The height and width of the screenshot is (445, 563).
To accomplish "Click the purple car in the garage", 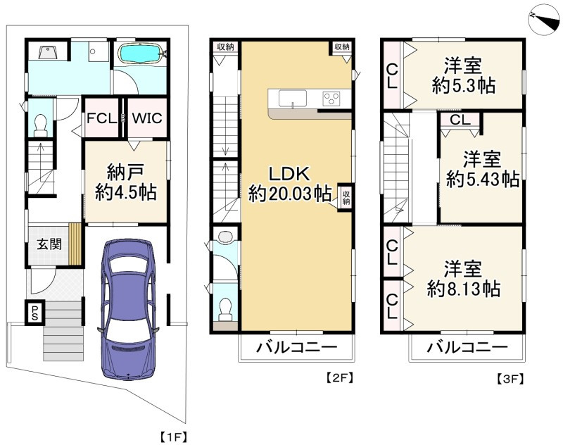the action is tap(128, 309).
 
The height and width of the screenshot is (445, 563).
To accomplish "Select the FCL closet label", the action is tap(101, 118).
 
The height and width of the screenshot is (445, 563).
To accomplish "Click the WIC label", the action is tap(147, 118).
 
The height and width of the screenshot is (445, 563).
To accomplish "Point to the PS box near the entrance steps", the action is tap(34, 313).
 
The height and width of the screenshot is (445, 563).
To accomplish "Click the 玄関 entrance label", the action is tap(49, 244).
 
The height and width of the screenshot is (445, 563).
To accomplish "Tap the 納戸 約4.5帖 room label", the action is tap(125, 182).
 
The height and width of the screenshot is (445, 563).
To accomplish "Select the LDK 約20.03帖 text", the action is tap(290, 184).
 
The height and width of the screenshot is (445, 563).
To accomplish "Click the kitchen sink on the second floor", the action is tap(293, 99).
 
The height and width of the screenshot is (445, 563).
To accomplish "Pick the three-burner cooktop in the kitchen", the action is tap(331, 99).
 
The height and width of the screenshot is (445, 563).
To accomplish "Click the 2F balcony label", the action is tap(296, 347).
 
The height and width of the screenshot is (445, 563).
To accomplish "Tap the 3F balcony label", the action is tap(467, 347).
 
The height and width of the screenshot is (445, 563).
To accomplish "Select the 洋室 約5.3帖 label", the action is tap(464, 75).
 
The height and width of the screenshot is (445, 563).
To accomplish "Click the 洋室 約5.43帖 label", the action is tap(482, 169).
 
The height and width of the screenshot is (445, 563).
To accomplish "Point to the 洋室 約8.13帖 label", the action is tap(463, 279).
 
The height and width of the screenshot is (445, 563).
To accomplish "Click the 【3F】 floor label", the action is tap(510, 379).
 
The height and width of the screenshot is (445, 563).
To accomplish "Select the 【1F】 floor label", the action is tap(173, 437).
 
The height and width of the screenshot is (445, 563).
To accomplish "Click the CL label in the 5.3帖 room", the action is tap(392, 76).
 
